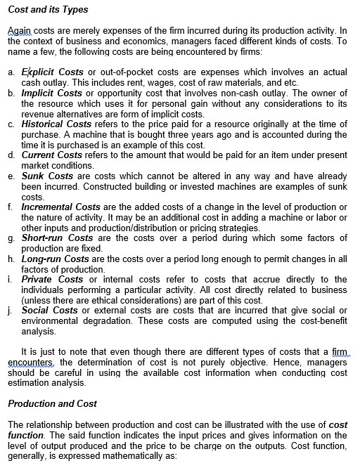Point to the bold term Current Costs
pyautogui.click(x=52, y=155)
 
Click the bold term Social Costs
pyautogui.click(x=50, y=310)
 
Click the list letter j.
pyautogui.click(x=11, y=310)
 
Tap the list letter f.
pyautogui.click(x=11, y=207)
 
